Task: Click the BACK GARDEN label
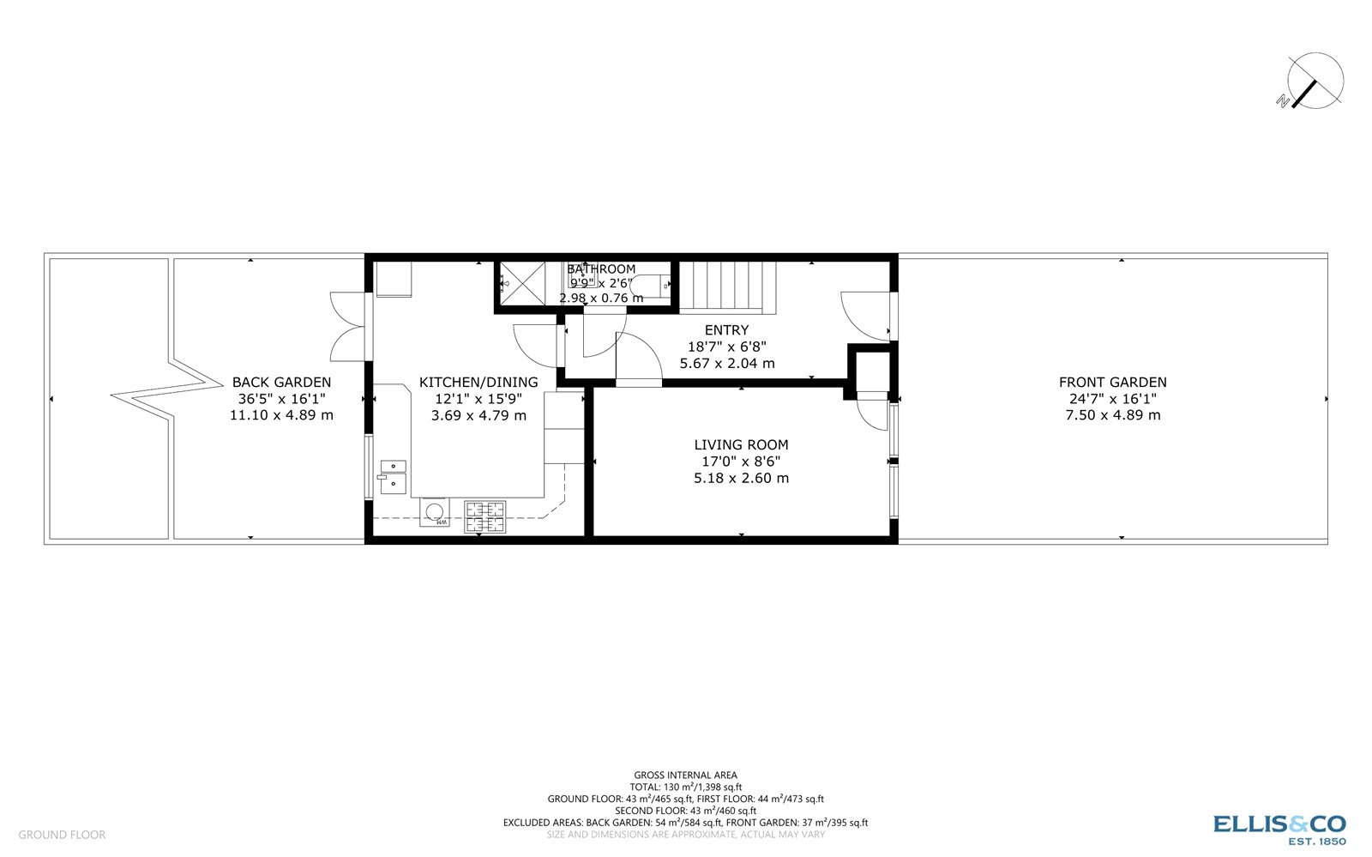tap(281, 383)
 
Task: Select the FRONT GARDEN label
tap(1112, 383)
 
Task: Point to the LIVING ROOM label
tap(741, 444)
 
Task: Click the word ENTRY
tap(726, 330)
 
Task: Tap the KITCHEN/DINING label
tap(478, 383)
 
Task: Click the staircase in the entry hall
tap(727, 287)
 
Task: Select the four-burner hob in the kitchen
tap(484, 516)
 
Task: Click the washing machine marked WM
tap(435, 512)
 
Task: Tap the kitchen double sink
tap(394, 476)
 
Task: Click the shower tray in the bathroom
tap(522, 283)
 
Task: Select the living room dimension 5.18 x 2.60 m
tap(741, 478)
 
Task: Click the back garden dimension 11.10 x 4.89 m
tap(281, 415)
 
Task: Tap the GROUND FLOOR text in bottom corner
tap(62, 835)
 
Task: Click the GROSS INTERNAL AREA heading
tap(685, 776)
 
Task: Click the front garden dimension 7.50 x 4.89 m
tap(1112, 415)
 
